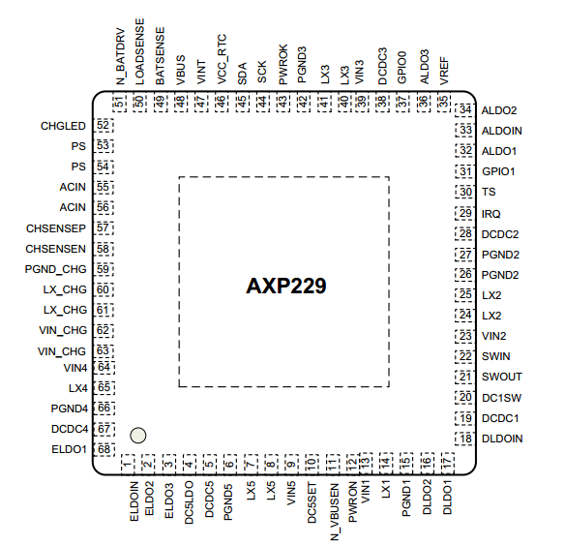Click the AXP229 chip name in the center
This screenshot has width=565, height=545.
(x=286, y=286)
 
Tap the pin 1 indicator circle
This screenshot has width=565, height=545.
(x=138, y=436)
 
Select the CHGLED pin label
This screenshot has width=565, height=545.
(x=63, y=126)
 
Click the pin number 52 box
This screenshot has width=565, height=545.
(x=104, y=126)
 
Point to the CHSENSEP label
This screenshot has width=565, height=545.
(x=56, y=228)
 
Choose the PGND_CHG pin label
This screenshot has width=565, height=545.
(x=56, y=269)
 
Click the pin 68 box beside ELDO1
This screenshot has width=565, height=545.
(x=104, y=449)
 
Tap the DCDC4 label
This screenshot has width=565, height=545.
(x=70, y=429)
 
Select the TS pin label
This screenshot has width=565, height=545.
(x=489, y=192)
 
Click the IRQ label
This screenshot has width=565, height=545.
(x=491, y=214)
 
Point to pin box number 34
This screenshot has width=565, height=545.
(x=464, y=110)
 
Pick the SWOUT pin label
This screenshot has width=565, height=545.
(x=502, y=377)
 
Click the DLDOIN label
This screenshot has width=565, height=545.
(x=502, y=439)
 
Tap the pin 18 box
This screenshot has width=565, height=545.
(x=464, y=439)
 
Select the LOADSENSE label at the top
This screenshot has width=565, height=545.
(x=139, y=52)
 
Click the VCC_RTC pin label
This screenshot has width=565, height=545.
(x=222, y=59)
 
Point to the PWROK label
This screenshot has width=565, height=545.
(x=283, y=65)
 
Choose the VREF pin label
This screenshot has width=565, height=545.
(x=444, y=71)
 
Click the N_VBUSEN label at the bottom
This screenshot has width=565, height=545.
(x=335, y=512)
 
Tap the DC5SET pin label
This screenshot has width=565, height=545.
(x=312, y=502)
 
